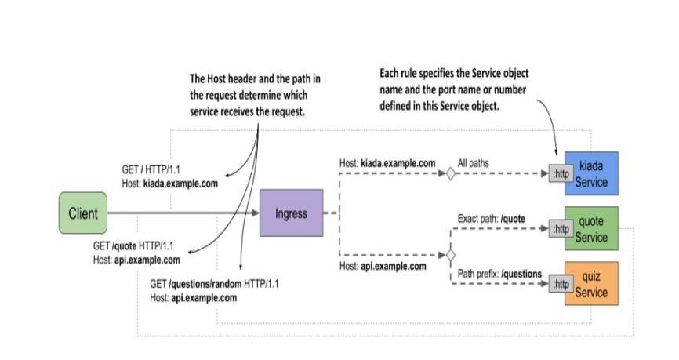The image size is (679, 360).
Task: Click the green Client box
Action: pyautogui.click(x=83, y=213)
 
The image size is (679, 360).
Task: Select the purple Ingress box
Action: pyautogui.click(x=292, y=213)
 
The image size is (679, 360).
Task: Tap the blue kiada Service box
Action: pyautogui.click(x=591, y=173)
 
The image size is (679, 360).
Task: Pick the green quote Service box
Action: pyautogui.click(x=591, y=229)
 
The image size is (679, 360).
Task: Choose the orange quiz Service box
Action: pyautogui.click(x=591, y=284)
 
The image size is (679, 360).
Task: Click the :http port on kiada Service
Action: pyautogui.click(x=561, y=173)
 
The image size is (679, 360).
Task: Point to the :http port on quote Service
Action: pyautogui.click(x=561, y=229)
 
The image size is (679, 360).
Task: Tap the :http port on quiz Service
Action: pyautogui.click(x=561, y=284)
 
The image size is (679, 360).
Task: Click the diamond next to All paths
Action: pyautogui.click(x=451, y=173)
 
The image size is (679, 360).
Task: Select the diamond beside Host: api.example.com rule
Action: pyautogui.click(x=451, y=255)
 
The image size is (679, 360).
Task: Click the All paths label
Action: pyautogui.click(x=474, y=163)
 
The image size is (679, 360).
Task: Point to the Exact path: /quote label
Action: pyautogui.click(x=492, y=219)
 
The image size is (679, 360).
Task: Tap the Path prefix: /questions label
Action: pyautogui.click(x=499, y=274)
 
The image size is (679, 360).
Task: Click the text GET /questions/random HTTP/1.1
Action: pyautogui.click(x=214, y=284)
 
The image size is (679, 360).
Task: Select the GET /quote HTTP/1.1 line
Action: pyautogui.click(x=133, y=246)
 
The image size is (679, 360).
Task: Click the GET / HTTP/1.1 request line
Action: pyautogui.click(x=151, y=169)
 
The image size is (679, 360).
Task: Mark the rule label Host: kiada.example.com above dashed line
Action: pyautogui.click(x=387, y=163)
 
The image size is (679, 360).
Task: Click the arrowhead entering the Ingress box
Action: pyautogui.click(x=256, y=213)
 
